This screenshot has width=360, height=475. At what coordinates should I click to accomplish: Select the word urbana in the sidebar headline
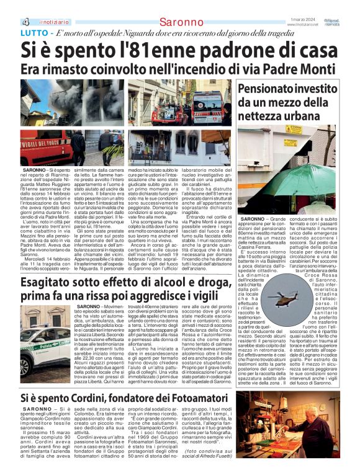pos(325,115)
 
